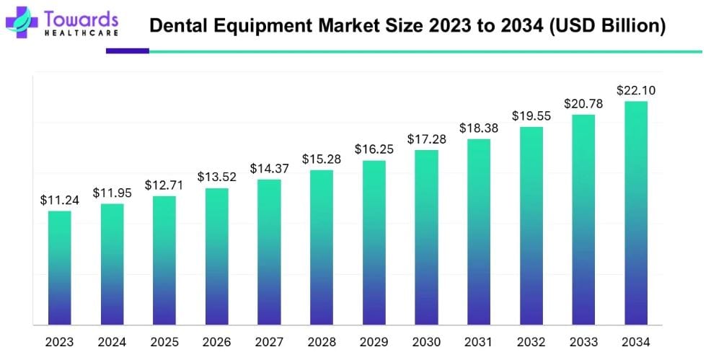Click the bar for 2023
(59, 268)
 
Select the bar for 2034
(635, 213)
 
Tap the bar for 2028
(321, 247)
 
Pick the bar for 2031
(478, 232)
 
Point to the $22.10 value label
(635, 91)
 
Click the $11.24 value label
(59, 201)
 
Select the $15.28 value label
(321, 159)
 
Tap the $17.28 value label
(426, 139)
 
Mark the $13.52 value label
(216, 177)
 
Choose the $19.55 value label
(531, 116)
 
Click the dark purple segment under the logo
(127, 51)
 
